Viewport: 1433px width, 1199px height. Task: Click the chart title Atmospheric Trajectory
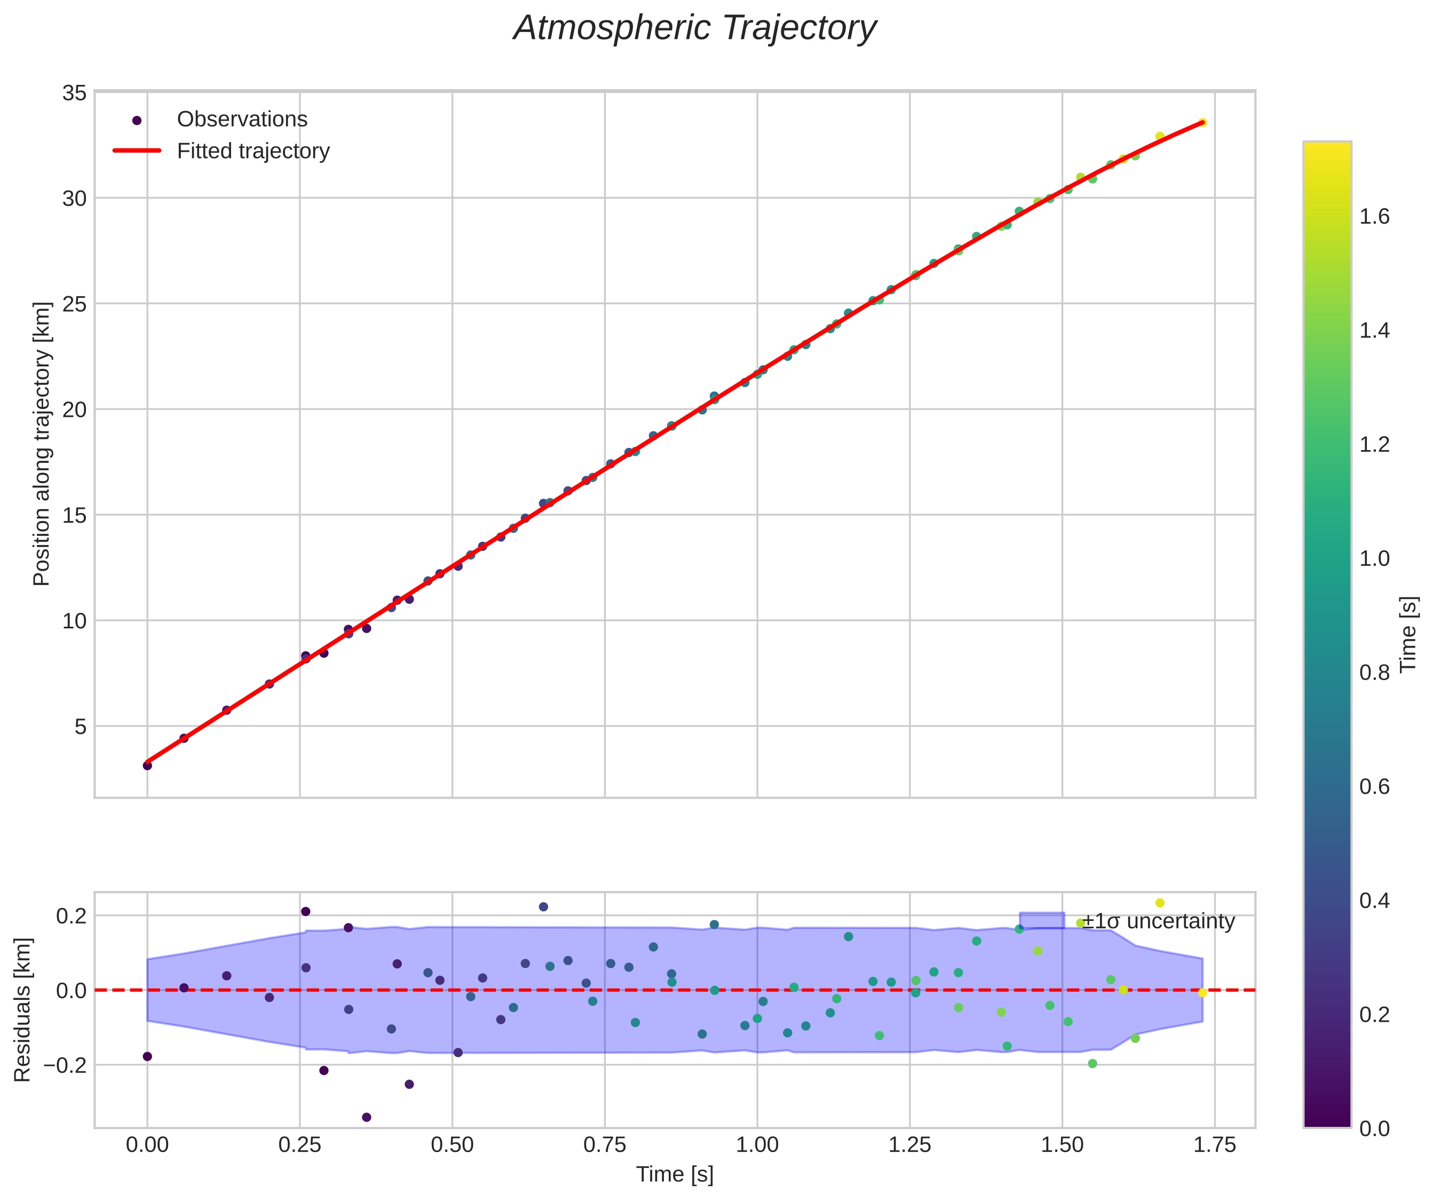pos(695,29)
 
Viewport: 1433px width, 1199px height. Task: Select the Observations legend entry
pos(242,120)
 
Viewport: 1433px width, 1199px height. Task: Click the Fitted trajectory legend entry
pos(252,151)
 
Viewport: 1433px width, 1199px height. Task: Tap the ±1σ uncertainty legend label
pos(1159,921)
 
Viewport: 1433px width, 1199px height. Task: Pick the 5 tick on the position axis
pos(81,726)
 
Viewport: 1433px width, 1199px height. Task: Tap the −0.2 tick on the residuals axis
pos(66,1064)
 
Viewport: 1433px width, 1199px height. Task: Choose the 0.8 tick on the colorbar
pos(1374,673)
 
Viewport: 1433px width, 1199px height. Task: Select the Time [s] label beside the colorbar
pos(1409,635)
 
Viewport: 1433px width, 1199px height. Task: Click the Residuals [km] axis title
pos(22,1010)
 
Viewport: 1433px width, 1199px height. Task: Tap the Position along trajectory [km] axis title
pos(42,444)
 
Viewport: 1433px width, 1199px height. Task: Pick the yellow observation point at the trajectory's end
pos(1202,123)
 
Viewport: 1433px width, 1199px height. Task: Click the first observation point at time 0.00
pos(147,766)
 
